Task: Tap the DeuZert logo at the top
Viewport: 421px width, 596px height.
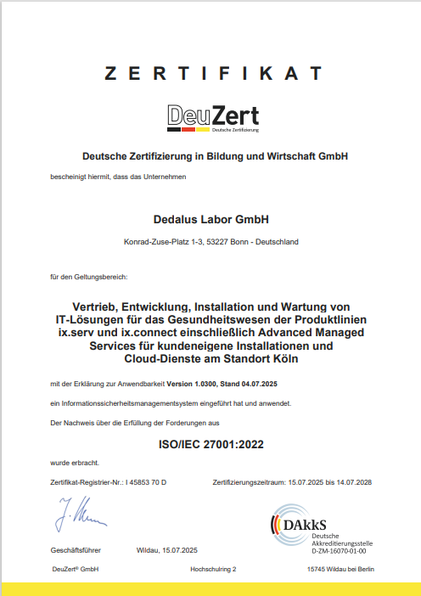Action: pyautogui.click(x=213, y=118)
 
